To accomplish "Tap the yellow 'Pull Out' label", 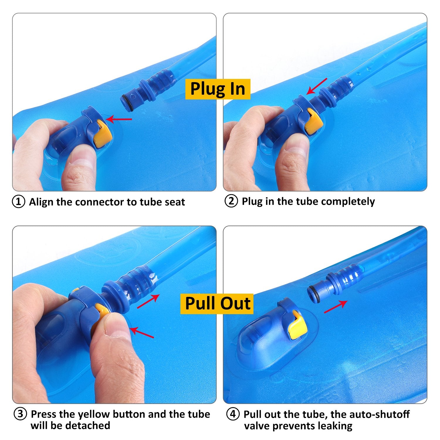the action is (217, 304).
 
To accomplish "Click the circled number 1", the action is (18, 202).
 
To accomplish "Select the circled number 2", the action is (231, 201).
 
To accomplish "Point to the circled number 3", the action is (20, 414).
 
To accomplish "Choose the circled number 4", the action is (233, 414).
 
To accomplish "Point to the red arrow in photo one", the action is (119, 119).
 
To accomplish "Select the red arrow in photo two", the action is (317, 87).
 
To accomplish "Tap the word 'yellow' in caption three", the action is (95, 414).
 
